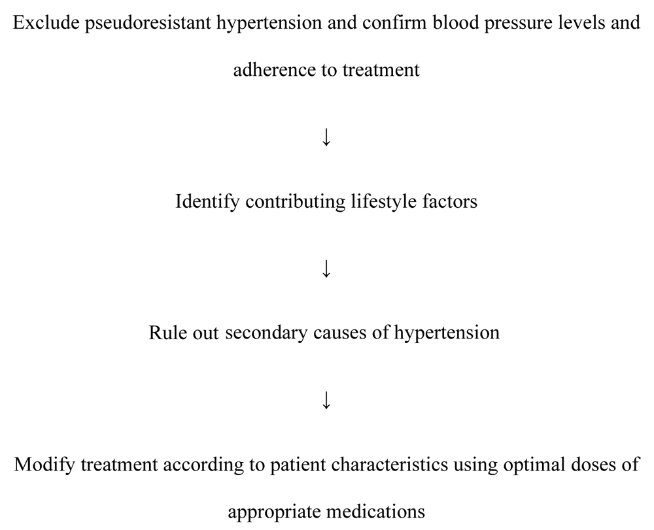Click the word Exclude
tap(46, 22)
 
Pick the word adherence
tap(275, 69)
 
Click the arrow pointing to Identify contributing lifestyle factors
tap(326, 137)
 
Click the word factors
tap(450, 201)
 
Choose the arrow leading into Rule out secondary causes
tap(326, 269)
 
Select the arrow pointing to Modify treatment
tap(326, 400)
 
